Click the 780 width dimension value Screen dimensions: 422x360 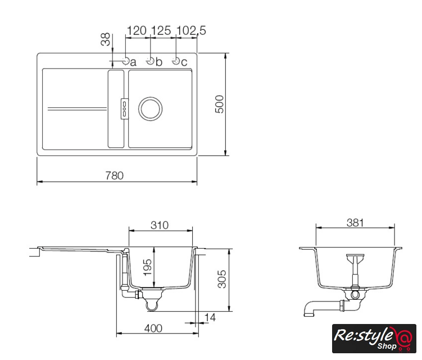point(115,175)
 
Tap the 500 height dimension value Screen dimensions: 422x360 point(220,104)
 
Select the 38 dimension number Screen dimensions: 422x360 point(106,39)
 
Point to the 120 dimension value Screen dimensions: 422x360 point(137,30)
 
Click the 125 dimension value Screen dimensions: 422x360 point(161,30)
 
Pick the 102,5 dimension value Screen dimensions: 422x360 point(192,30)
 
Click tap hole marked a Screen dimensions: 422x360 point(126,61)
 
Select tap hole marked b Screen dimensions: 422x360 point(150,61)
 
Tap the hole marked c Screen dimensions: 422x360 point(176,61)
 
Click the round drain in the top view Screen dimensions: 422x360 point(150,109)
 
